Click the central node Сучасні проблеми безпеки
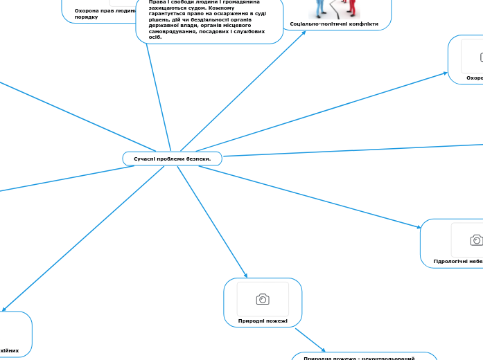tap(172, 159)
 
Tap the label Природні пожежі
tap(263, 321)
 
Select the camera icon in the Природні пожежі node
tap(263, 299)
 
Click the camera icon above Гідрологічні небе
tap(476, 240)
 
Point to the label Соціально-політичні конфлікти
tap(334, 24)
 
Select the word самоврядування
tap(172, 31)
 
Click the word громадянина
tap(236, 2)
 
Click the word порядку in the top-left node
tap(86, 17)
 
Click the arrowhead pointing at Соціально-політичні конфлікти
tap(304, 32)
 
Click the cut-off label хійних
tap(9, 350)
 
